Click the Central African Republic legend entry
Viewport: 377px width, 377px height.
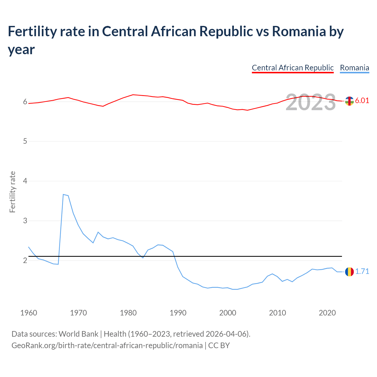coord(292,68)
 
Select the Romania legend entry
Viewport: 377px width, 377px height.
coord(354,68)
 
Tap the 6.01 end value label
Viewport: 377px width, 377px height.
coord(362,100)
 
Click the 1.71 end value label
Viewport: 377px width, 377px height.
coord(362,272)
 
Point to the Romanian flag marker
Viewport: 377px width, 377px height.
coord(349,272)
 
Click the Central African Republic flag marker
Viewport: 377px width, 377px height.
coord(349,101)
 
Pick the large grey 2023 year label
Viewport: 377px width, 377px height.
coord(310,102)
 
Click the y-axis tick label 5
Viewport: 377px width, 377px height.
coord(25,141)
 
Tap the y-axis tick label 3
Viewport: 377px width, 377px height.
coord(25,221)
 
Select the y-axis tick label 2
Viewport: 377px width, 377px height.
coord(25,260)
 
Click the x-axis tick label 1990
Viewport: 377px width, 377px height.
coord(178,313)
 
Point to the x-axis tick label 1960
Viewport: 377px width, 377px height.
coord(29,313)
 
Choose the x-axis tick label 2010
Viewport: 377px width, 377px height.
coord(277,313)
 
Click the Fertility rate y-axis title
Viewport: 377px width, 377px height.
coord(12,192)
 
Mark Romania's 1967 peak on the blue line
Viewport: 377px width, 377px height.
coord(63,194)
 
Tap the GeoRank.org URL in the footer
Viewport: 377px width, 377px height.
coord(107,345)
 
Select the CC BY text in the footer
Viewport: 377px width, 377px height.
coord(219,345)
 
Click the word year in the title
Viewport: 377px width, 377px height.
coord(21,49)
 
